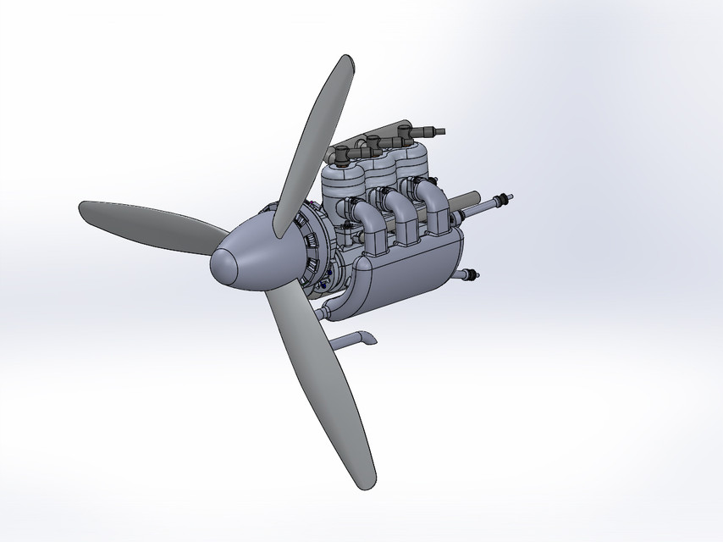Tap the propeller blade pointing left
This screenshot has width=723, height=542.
coord(144,224)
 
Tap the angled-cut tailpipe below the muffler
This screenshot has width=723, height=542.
coord(356,340)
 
